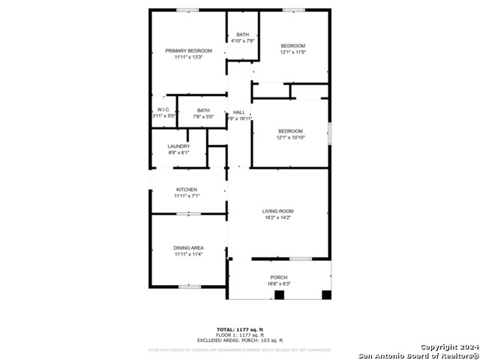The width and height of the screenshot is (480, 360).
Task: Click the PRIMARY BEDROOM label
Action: pyautogui.click(x=189, y=51)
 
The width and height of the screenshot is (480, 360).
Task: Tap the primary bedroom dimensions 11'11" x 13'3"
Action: pyautogui.click(x=189, y=57)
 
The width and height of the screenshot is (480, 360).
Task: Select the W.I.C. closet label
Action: pyautogui.click(x=163, y=110)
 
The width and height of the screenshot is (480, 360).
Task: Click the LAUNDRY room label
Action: pyautogui.click(x=178, y=146)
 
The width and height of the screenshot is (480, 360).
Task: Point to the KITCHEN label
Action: pyautogui.click(x=187, y=190)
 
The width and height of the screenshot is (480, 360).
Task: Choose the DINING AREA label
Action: pyautogui.click(x=189, y=248)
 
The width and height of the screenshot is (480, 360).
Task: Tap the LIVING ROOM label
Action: pyautogui.click(x=277, y=211)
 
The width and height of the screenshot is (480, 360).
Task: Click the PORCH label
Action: pyautogui.click(x=278, y=277)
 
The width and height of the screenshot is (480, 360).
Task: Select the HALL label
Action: pyautogui.click(x=239, y=112)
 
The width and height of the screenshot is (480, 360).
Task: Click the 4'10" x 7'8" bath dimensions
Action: pyautogui.click(x=243, y=40)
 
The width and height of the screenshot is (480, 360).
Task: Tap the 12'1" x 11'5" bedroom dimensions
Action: pyautogui.click(x=293, y=52)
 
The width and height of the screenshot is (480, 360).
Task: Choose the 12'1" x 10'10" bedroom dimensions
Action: pyautogui.click(x=290, y=137)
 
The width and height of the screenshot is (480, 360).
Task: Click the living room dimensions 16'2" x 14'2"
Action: pyautogui.click(x=277, y=217)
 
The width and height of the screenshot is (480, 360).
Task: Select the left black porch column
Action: pyautogui.click(x=279, y=295)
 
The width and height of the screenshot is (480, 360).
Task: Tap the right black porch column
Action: pyautogui.click(x=325, y=295)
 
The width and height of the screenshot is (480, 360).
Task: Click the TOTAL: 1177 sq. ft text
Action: pyautogui.click(x=240, y=329)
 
